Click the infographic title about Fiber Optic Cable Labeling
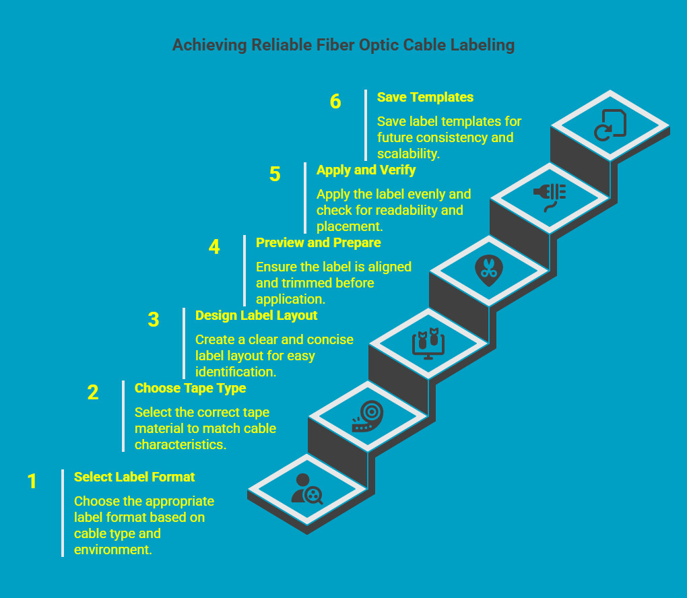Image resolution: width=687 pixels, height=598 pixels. point(343,45)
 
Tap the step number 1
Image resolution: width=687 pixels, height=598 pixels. point(32,482)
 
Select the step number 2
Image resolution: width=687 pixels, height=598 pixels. point(93,393)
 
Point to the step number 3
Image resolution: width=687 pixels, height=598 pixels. point(154,320)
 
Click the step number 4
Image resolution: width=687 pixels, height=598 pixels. point(214,247)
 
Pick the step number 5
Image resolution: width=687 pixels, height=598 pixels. point(275,174)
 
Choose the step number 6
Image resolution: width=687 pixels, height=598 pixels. point(335,102)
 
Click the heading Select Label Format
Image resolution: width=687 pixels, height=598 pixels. point(134,477)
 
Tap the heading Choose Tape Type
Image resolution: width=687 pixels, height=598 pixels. point(190,388)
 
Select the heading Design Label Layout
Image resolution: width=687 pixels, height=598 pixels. point(256,315)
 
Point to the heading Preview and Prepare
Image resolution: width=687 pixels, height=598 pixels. point(318,242)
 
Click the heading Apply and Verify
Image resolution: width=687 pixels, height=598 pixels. point(366,170)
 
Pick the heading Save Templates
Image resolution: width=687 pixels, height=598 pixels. point(425,97)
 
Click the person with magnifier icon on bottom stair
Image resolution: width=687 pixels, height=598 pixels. point(307,490)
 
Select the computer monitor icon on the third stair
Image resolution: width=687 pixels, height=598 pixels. point(428,343)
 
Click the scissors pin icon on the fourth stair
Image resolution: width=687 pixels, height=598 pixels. point(488,270)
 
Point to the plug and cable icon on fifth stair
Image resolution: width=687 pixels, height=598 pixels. point(550,197)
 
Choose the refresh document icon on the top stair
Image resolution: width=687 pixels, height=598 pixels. point(610,125)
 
